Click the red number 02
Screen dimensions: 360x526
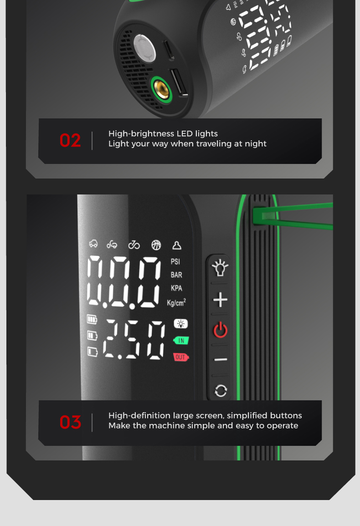coord(70,140)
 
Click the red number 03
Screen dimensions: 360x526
coord(70,422)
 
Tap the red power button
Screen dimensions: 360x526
coord(220,330)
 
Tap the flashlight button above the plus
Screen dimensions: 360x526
coord(220,268)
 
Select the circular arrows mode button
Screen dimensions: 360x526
coord(221,391)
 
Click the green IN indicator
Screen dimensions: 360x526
coord(181,341)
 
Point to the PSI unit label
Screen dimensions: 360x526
coord(175,262)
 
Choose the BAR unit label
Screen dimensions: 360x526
coord(176,275)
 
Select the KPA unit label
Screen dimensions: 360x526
coord(176,288)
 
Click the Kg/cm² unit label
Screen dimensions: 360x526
coord(176,302)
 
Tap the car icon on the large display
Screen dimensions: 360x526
coord(93,244)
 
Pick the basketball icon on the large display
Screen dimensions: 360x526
coord(156,245)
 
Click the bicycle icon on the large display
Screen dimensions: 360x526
coord(134,245)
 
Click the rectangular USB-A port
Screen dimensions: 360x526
coord(179,82)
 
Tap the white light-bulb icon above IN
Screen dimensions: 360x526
coord(180,324)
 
